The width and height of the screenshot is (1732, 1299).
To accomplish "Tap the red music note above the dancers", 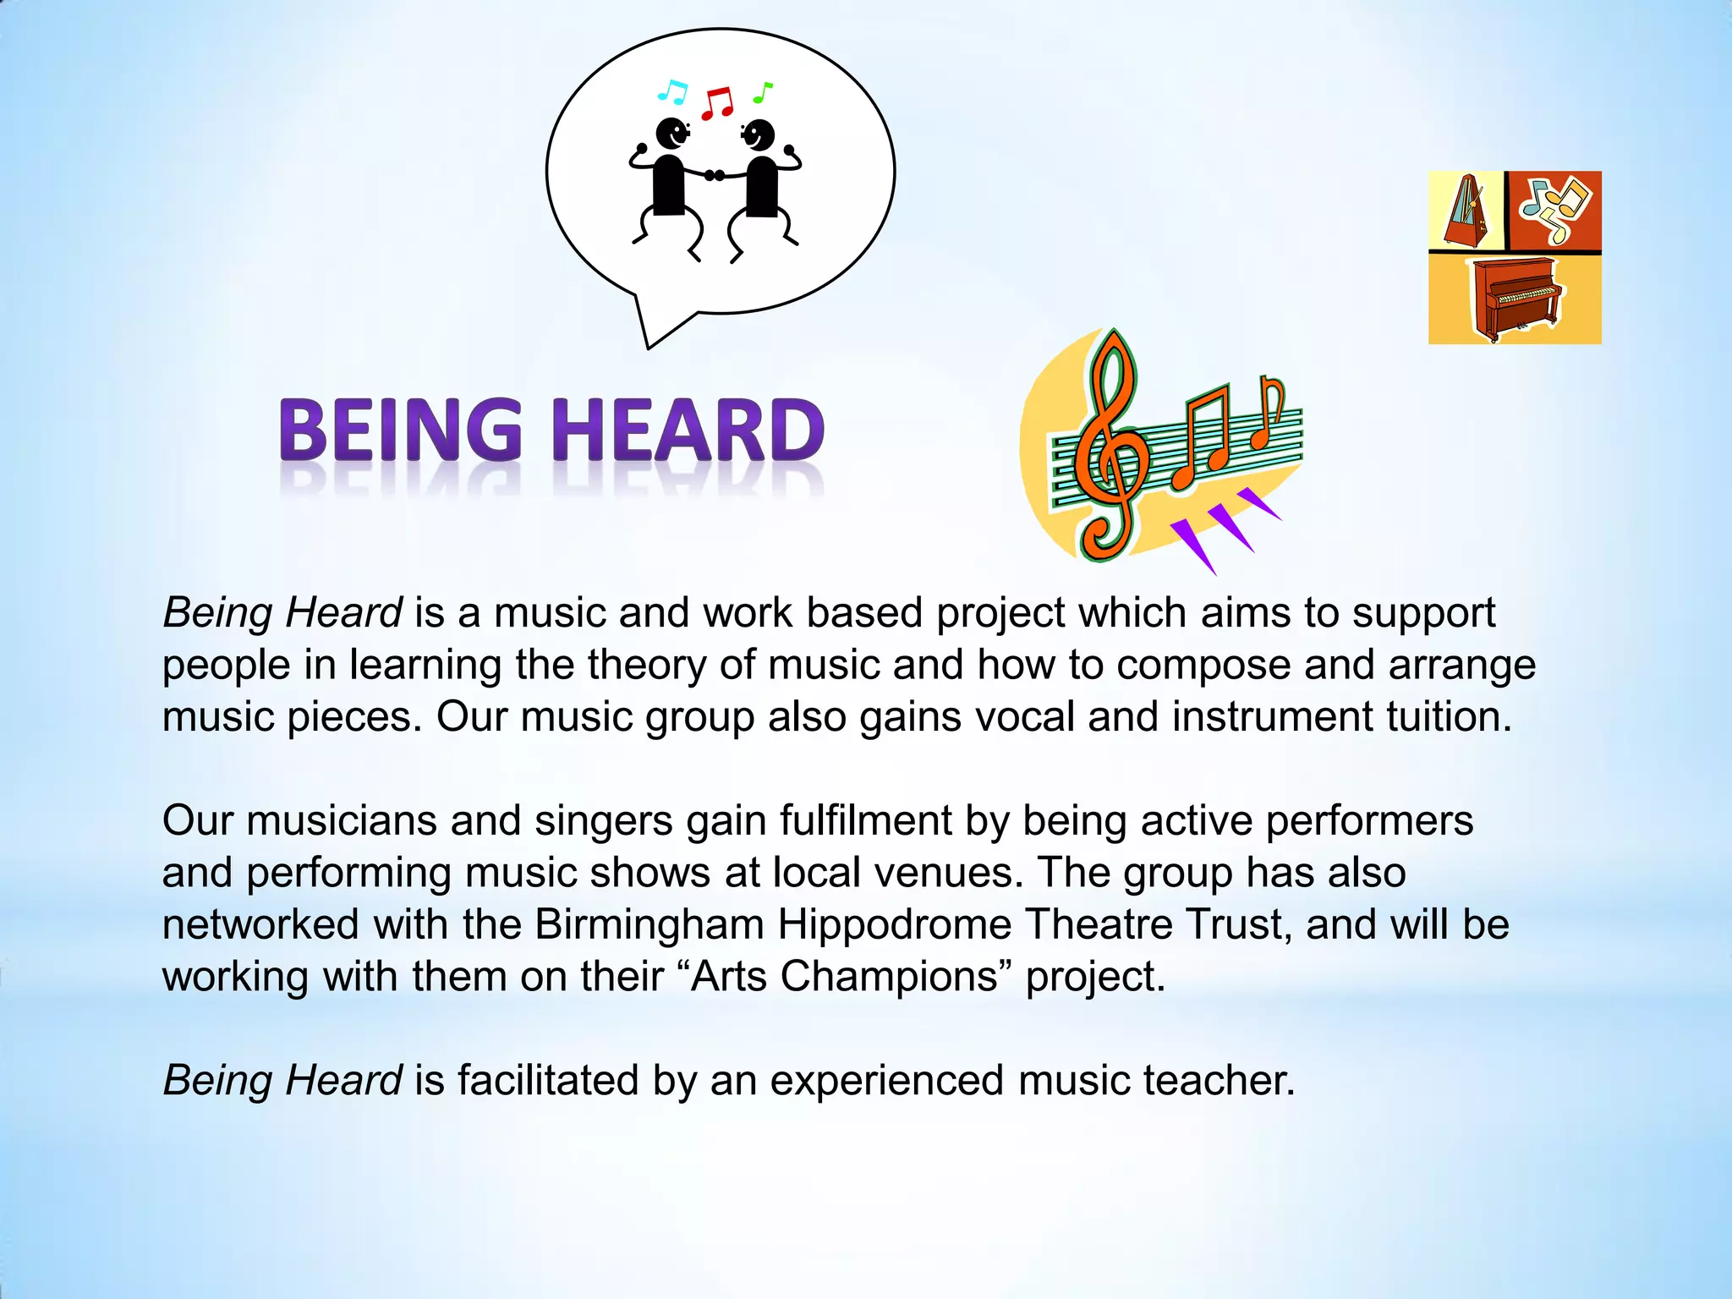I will [718, 102].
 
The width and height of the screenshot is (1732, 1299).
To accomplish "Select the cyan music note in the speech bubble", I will [672, 91].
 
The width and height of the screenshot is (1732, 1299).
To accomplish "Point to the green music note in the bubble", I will [763, 92].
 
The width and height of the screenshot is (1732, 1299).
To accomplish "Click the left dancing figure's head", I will [672, 133].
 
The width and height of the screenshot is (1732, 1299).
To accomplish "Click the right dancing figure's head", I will [759, 134].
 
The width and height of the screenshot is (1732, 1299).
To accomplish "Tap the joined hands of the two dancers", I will [715, 175].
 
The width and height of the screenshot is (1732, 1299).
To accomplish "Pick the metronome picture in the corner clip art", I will [1466, 211].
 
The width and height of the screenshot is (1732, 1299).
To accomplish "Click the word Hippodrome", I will [895, 924].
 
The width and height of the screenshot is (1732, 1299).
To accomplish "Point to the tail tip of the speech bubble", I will [649, 347].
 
